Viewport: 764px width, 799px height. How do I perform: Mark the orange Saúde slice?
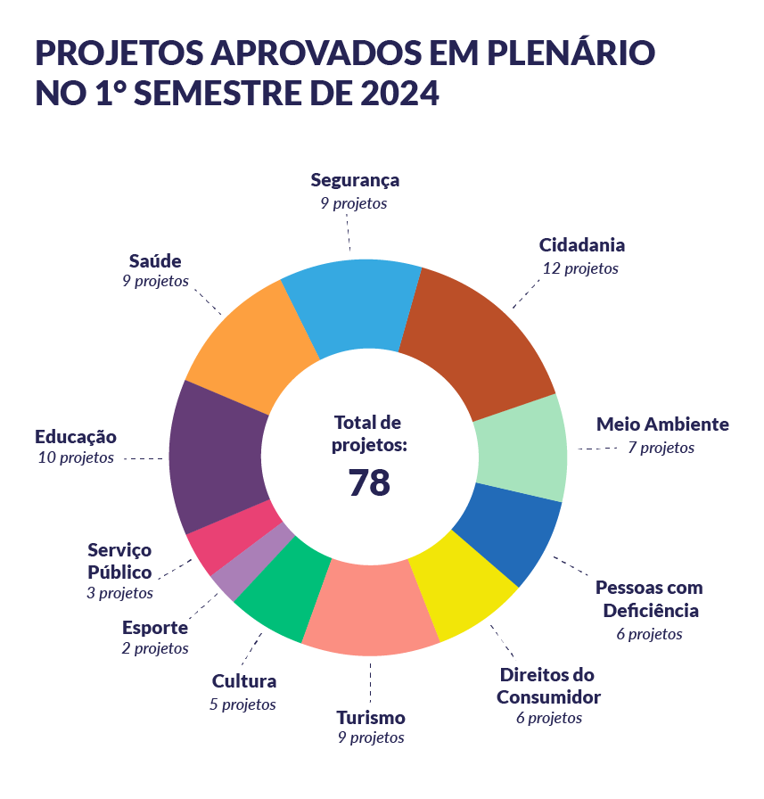pyautogui.click(x=250, y=348)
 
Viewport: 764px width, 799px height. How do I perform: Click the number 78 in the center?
pyautogui.click(x=368, y=482)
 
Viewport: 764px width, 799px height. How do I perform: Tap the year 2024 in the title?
pyautogui.click(x=398, y=94)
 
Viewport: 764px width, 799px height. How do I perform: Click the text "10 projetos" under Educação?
pyautogui.click(x=76, y=458)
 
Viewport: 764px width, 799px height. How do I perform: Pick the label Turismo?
pyautogui.click(x=371, y=718)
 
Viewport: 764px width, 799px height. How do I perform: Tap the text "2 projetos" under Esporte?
pyautogui.click(x=155, y=649)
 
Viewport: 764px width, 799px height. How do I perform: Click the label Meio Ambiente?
pyautogui.click(x=662, y=424)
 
